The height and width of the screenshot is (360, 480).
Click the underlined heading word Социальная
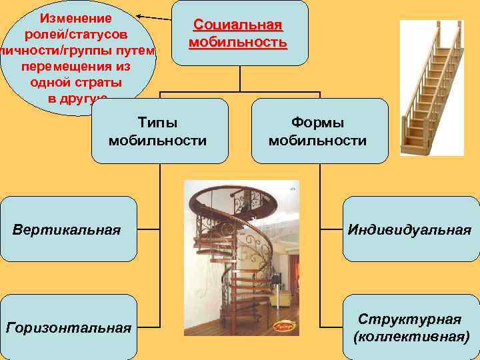(x=238, y=25)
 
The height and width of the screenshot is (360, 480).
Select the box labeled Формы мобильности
(x=319, y=131)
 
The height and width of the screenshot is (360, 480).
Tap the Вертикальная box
(x=67, y=230)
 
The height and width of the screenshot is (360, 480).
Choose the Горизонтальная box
(x=67, y=327)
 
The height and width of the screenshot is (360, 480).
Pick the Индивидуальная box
(x=409, y=230)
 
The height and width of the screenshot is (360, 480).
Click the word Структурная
(x=409, y=318)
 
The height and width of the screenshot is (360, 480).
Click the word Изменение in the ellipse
(x=75, y=17)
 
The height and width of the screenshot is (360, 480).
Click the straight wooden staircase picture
(x=431, y=87)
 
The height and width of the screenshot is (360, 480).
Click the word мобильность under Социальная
(x=238, y=43)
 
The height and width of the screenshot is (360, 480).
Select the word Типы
(x=157, y=123)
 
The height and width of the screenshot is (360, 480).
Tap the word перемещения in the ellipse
(x=75, y=67)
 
